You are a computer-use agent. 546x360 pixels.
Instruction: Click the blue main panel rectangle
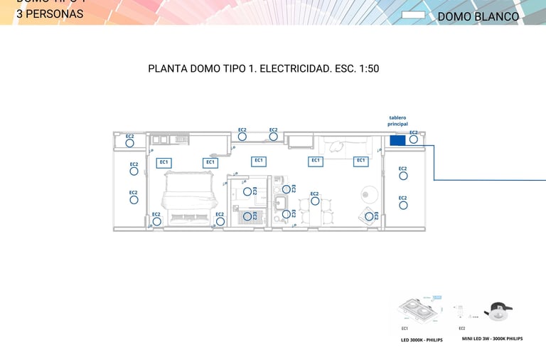[397, 140]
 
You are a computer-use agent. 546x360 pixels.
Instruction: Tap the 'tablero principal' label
[397, 121]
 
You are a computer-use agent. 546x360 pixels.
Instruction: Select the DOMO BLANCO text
[478, 16]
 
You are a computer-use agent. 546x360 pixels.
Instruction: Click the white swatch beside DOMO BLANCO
[413, 15]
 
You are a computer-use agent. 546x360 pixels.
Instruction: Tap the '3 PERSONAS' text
[50, 14]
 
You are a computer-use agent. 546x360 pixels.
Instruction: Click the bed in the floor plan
[187, 199]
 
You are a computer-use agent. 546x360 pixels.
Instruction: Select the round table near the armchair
[369, 194]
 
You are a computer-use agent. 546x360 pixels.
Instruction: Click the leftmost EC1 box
[164, 163]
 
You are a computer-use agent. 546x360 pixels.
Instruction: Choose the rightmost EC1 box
[361, 161]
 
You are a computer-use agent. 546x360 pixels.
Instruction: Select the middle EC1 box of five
[259, 161]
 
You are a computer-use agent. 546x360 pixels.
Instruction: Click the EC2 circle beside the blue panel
[413, 139]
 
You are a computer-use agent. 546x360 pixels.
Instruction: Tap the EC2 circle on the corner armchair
[369, 216]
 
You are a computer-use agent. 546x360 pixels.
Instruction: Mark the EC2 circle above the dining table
[315, 201]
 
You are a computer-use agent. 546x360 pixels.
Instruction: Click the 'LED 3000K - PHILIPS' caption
[422, 340]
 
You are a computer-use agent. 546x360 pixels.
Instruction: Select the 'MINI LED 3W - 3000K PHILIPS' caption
[492, 339]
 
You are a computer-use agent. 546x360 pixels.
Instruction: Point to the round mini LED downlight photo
[497, 312]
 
